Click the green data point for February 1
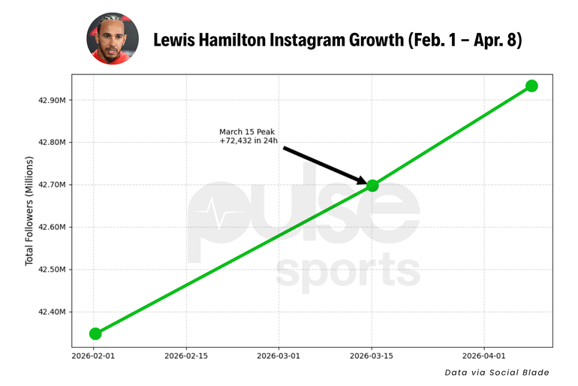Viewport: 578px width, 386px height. pos(95,333)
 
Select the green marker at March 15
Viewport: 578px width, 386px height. pos(372,185)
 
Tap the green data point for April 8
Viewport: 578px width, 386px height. pos(531,86)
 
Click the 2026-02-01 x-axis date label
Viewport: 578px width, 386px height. pos(93,354)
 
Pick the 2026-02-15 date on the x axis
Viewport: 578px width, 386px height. pos(186,354)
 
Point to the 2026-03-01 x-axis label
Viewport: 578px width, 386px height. pos(279,354)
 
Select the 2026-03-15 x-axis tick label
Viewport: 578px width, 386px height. pos(372,354)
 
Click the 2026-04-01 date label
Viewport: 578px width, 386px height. pos(485,354)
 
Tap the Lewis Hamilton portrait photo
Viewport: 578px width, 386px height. pos(113,38)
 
